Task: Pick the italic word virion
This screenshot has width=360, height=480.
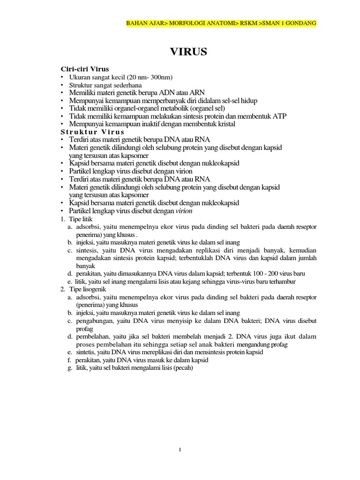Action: (184, 211)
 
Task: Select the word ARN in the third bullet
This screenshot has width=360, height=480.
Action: (198, 92)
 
